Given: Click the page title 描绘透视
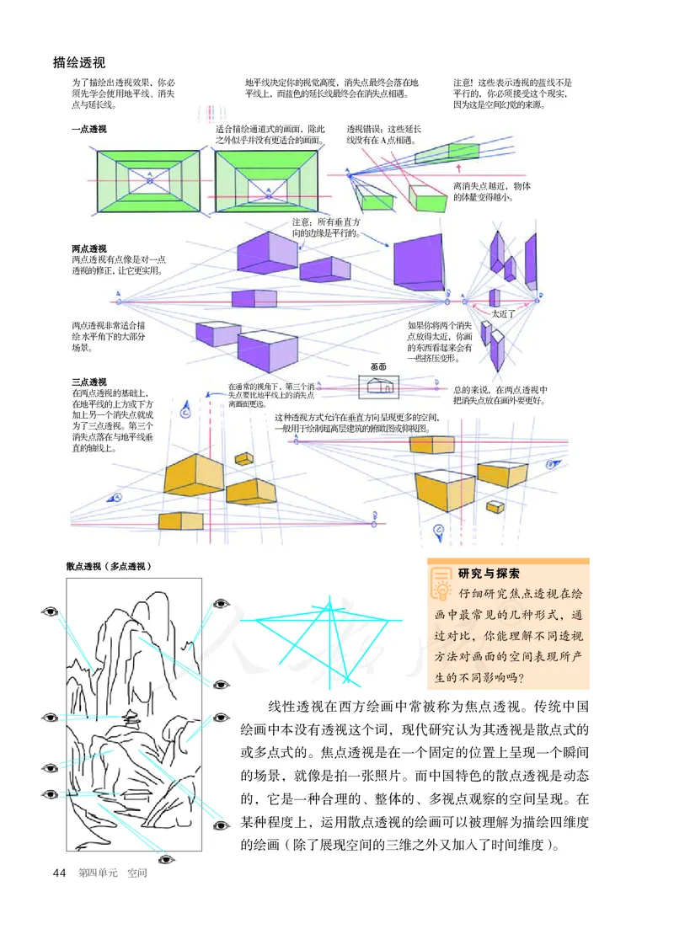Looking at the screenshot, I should click(x=78, y=62).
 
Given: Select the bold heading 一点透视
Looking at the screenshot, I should click(x=89, y=130).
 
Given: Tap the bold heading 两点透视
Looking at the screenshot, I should click(x=89, y=249).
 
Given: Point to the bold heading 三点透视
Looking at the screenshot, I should click(x=89, y=382).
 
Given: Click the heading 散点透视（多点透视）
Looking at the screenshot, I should click(x=109, y=567).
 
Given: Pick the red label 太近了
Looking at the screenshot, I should click(x=504, y=312).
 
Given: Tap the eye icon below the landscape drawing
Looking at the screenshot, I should click(x=164, y=860).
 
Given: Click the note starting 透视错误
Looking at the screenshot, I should click(x=384, y=136).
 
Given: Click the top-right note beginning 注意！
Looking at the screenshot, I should click(x=513, y=93).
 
